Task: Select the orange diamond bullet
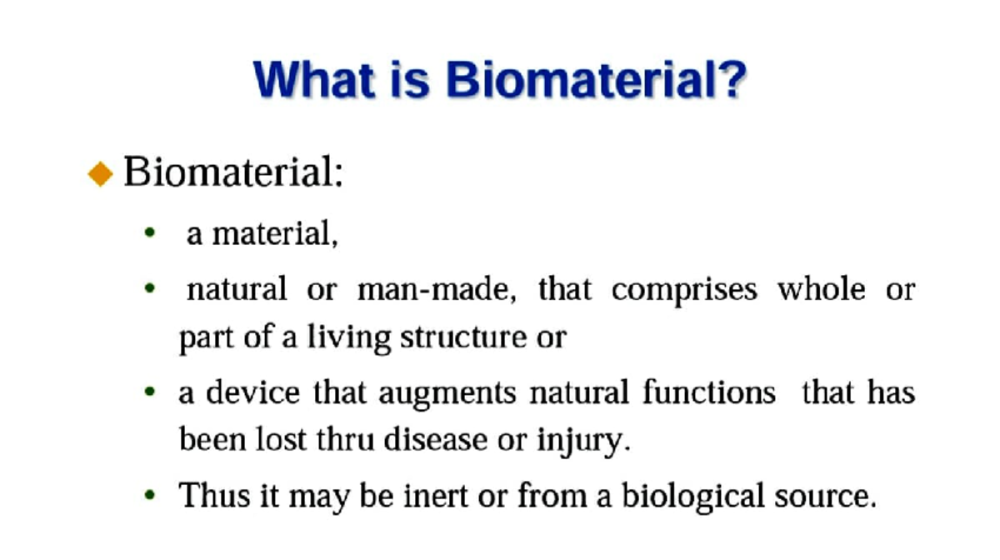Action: (x=100, y=174)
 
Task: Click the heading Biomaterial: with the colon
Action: (x=233, y=173)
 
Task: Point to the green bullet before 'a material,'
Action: (x=150, y=234)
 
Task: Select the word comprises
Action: (x=684, y=289)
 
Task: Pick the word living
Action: (x=349, y=337)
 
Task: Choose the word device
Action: (x=253, y=392)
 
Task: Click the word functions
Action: (x=708, y=392)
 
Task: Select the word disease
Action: (x=436, y=440)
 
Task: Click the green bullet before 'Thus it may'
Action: (x=150, y=496)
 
